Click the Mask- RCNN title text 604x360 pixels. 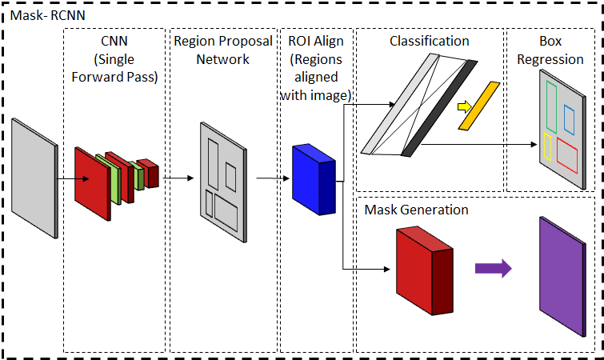[40, 13]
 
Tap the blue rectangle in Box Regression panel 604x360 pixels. [569, 119]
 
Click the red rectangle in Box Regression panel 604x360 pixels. [569, 154]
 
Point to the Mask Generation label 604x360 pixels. [416, 210]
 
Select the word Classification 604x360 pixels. [429, 40]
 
